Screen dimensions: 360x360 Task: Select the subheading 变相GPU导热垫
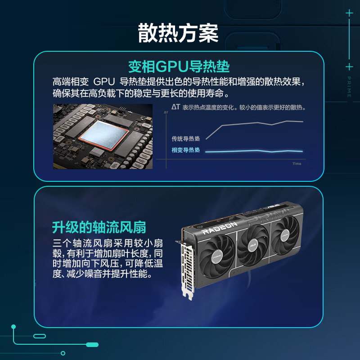[179, 67]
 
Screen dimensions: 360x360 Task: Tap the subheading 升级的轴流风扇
[99, 226]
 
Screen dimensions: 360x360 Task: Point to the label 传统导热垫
[185, 139]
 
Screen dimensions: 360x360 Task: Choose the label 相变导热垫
[185, 150]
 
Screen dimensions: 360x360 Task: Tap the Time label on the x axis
[297, 163]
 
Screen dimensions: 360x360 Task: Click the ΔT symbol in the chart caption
[175, 107]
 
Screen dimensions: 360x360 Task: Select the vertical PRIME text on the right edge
[349, 87]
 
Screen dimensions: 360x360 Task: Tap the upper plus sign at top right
[349, 13]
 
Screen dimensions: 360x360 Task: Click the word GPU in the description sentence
[104, 83]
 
